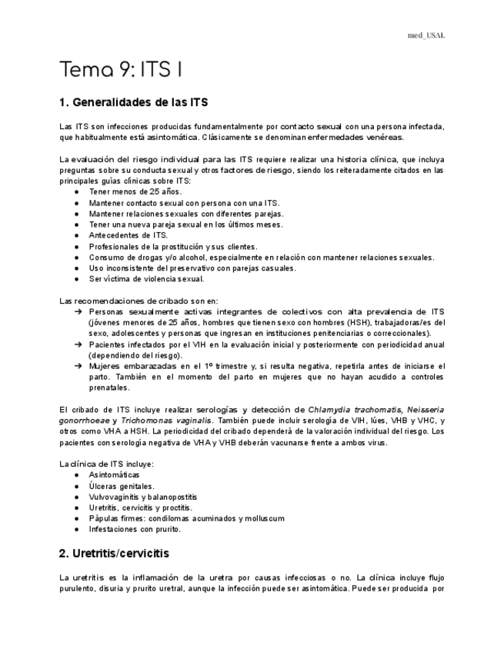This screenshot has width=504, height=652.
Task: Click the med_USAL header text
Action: [426, 35]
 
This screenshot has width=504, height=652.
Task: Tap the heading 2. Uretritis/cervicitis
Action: [114, 553]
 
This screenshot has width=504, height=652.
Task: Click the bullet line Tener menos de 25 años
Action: [135, 191]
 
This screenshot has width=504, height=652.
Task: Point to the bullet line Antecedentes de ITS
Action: [128, 235]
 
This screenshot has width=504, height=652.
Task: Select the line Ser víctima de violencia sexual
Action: [146, 279]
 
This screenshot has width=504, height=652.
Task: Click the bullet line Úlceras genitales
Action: [121, 486]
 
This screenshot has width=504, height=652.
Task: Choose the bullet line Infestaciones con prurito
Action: [135, 529]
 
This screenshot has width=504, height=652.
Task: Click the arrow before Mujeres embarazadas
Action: [78, 367]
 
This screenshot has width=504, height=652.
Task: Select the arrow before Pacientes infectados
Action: [78, 344]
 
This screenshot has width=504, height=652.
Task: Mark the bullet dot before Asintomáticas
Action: [77, 475]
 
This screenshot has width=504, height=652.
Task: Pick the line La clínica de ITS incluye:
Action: [106, 464]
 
